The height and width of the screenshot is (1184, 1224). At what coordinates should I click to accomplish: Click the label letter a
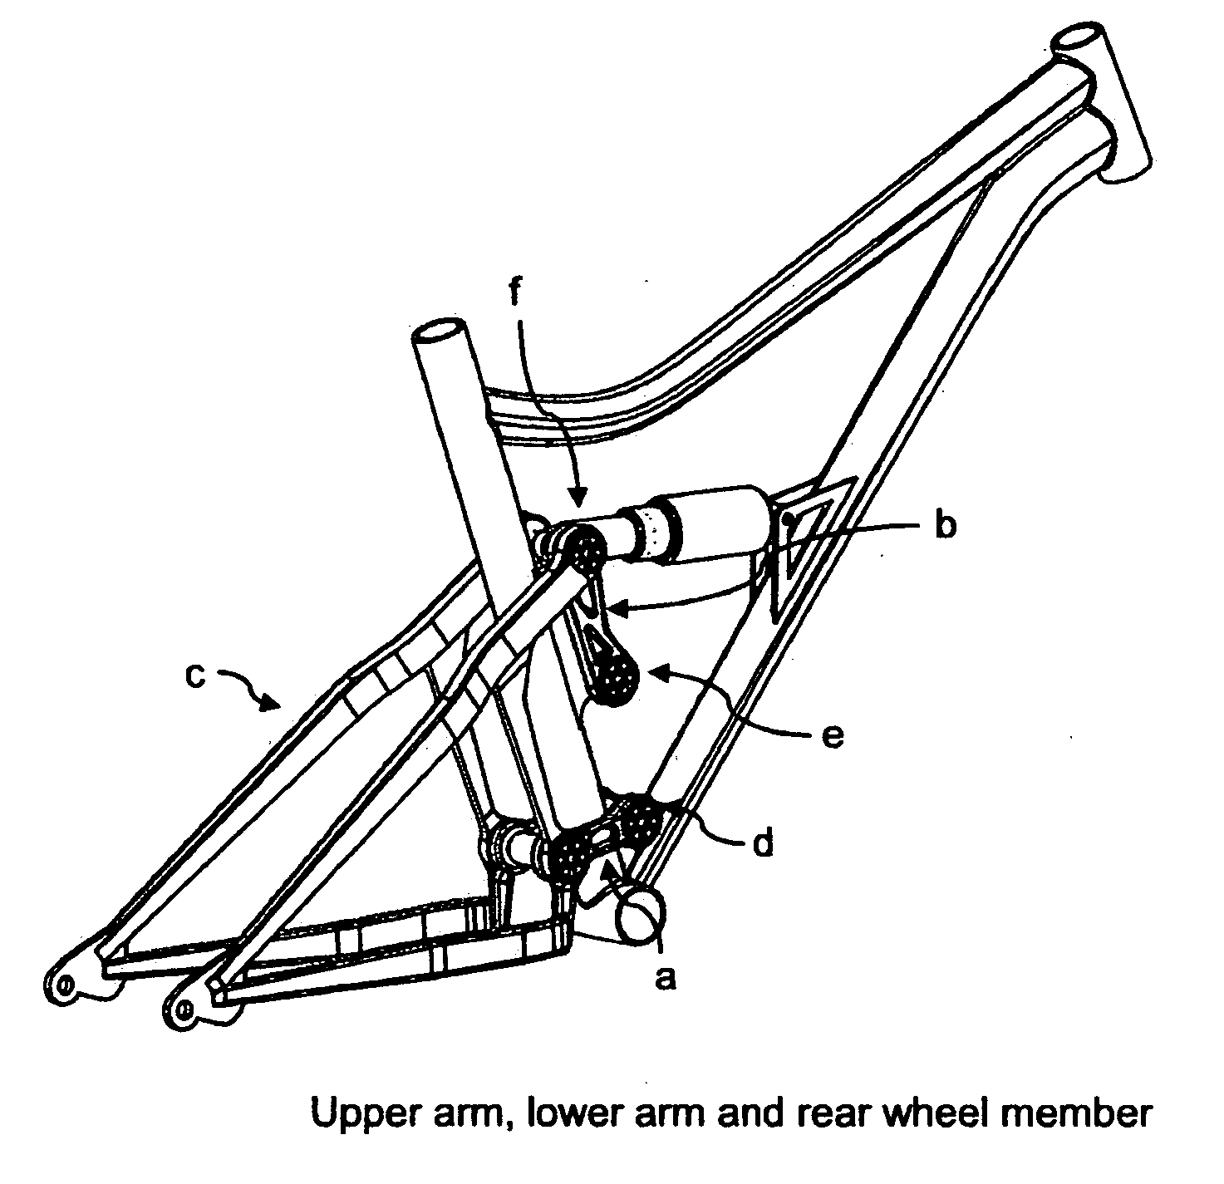coord(663,980)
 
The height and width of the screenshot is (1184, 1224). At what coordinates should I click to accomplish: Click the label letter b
coord(944,527)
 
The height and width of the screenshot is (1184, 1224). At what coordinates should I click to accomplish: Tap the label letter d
coord(762,843)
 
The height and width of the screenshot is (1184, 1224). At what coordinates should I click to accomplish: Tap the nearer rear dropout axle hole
coord(184,1009)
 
